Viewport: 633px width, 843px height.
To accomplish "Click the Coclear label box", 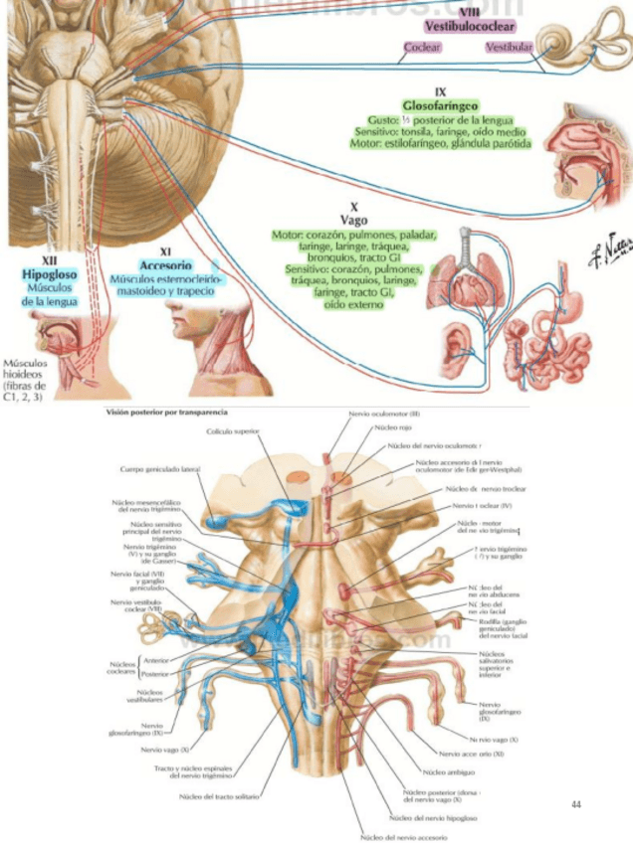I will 422,48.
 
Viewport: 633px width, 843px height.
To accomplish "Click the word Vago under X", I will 353,221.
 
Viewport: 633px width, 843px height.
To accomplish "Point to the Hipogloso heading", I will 47,271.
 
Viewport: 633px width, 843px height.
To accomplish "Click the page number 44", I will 575,803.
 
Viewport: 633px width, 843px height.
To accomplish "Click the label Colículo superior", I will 233,432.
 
